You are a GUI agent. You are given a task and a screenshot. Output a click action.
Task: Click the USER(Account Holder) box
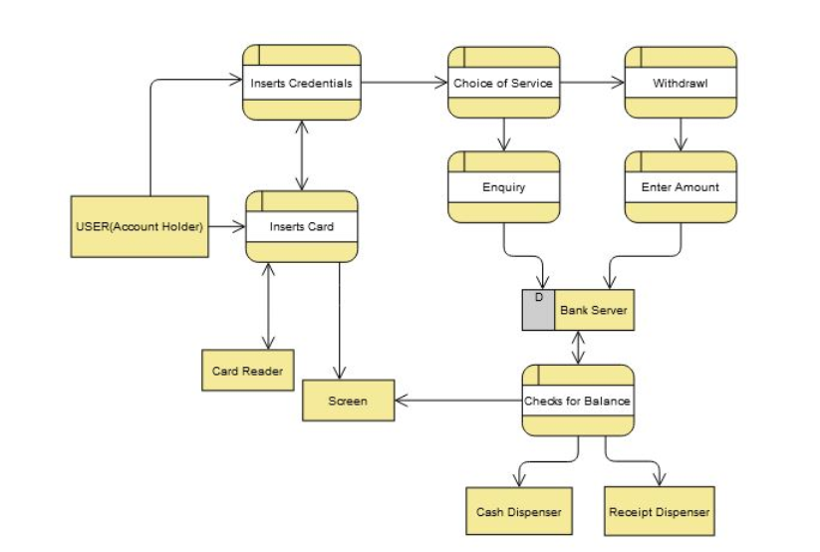click(x=139, y=226)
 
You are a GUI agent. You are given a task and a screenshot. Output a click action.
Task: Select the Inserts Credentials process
click(x=301, y=83)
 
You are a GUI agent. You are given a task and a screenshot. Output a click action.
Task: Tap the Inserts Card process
click(x=301, y=226)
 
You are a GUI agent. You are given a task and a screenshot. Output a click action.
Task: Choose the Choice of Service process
click(x=503, y=83)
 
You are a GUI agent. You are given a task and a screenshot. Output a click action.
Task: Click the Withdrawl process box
click(x=681, y=83)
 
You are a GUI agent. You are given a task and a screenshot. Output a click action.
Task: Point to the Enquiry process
click(x=503, y=186)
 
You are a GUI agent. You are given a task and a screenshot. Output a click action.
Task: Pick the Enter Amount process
click(x=681, y=186)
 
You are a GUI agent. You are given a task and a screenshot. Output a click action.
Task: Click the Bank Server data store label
click(x=593, y=310)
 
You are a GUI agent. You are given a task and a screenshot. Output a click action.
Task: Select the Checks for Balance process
click(x=578, y=401)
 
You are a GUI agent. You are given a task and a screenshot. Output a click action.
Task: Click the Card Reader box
click(x=247, y=371)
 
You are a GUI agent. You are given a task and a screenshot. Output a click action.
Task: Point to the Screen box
click(x=348, y=401)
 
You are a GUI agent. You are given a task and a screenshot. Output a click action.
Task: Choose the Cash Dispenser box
click(x=518, y=512)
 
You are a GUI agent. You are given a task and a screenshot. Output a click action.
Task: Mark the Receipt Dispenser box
click(x=659, y=512)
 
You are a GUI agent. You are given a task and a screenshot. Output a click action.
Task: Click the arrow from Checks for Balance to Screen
click(x=458, y=402)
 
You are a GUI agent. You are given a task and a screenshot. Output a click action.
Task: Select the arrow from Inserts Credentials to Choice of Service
click(x=404, y=83)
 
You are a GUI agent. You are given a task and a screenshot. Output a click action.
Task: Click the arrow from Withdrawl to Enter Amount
click(x=681, y=135)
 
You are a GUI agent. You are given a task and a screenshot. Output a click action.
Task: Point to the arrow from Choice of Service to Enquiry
click(x=503, y=135)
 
